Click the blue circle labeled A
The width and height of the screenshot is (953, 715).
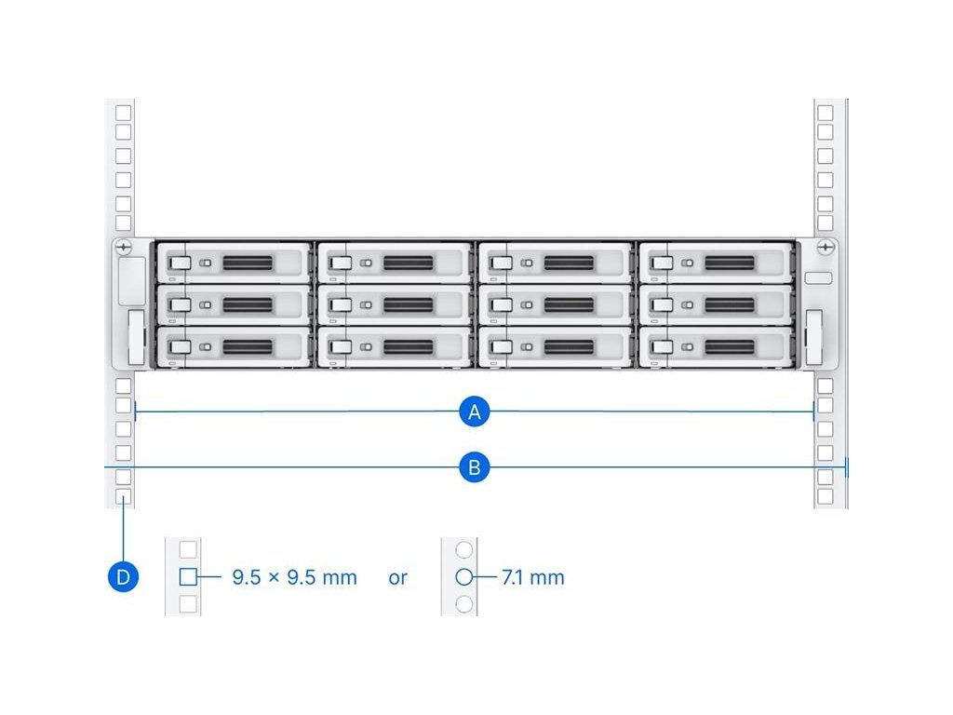tap(475, 411)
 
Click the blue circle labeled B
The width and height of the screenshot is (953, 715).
tap(475, 466)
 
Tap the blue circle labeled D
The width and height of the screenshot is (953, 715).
tap(123, 577)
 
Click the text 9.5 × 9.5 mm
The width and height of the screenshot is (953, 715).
tap(294, 577)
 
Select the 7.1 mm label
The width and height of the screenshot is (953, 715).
tap(533, 577)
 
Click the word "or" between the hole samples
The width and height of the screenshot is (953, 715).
tap(398, 577)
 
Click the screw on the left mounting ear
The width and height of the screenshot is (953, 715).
tap(124, 248)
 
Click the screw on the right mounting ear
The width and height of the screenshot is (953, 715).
tap(825, 248)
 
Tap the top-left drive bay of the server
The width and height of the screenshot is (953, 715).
tap(233, 263)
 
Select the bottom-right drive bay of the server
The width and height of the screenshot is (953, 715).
tap(715, 346)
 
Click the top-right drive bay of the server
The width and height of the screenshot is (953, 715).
tap(715, 263)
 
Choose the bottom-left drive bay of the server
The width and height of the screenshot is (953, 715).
tap(233, 346)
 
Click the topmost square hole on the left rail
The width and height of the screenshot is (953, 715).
tap(123, 113)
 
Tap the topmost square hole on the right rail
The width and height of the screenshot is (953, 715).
tap(825, 113)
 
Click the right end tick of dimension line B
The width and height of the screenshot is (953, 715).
tap(846, 466)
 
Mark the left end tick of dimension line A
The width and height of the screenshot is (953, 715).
tap(137, 410)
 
